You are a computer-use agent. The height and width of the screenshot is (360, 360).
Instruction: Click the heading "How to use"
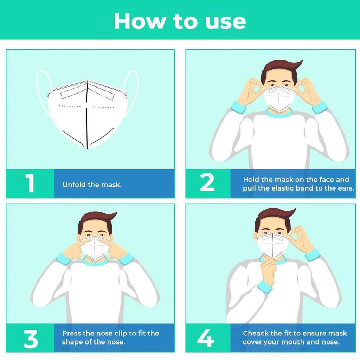180,21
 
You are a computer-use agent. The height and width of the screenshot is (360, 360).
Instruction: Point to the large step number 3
31,339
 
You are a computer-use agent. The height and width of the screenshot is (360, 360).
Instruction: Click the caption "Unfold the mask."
92,185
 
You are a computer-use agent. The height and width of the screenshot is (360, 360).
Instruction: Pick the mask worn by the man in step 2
279,98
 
